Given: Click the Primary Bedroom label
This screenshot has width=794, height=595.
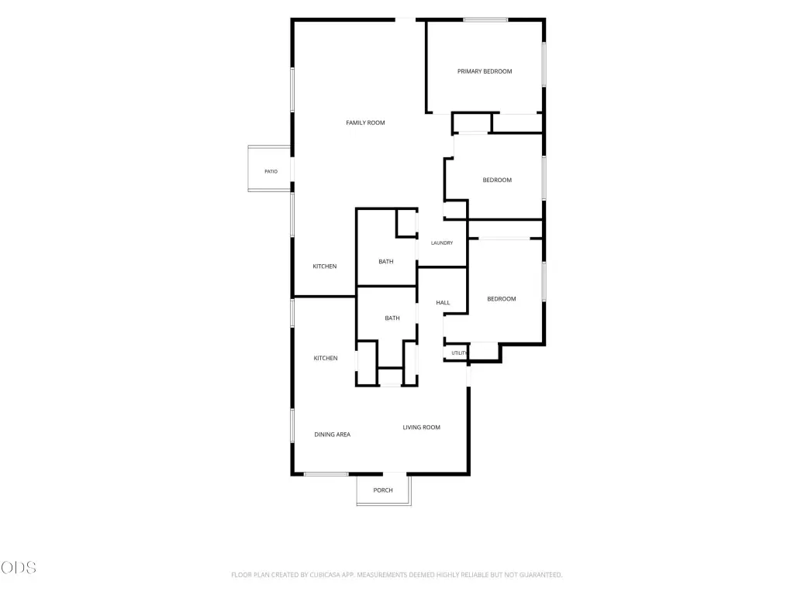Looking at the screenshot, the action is click(x=485, y=71).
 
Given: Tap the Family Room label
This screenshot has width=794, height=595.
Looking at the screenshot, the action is click(x=365, y=122).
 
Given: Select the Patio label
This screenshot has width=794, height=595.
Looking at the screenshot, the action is click(x=271, y=171).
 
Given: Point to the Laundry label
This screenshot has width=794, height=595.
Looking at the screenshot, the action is click(x=441, y=242).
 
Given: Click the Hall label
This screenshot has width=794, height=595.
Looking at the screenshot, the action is click(x=443, y=303).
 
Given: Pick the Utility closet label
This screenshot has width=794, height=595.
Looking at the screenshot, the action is click(x=459, y=353).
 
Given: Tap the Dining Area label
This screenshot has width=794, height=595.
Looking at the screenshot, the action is click(x=332, y=435).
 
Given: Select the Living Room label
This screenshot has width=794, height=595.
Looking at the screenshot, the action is click(x=421, y=428).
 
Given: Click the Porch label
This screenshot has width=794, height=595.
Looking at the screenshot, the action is click(x=383, y=490).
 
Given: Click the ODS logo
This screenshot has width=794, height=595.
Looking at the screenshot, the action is click(x=19, y=568).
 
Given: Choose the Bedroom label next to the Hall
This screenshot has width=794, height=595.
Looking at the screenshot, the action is click(x=502, y=299).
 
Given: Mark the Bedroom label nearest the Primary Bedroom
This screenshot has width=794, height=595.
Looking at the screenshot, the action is click(x=497, y=180).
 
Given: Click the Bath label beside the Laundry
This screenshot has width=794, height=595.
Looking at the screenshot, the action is click(x=386, y=262).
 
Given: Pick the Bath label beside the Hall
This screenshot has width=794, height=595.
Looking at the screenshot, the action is click(x=392, y=318).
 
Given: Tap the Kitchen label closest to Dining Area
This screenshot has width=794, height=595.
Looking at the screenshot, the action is click(x=325, y=358).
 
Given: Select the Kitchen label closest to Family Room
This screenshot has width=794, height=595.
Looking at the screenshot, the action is click(x=325, y=267).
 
